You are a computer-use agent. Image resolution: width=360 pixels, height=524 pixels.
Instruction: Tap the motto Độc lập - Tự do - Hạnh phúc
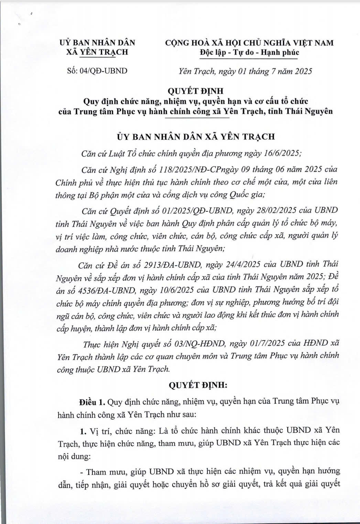point(249,53)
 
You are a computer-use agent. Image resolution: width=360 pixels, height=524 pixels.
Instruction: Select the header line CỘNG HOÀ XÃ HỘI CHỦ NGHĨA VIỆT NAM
point(249,43)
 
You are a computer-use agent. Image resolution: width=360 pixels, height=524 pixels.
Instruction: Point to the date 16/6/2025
point(281,153)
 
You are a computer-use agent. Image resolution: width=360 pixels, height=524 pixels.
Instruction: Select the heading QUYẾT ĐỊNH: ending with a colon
point(197,385)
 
